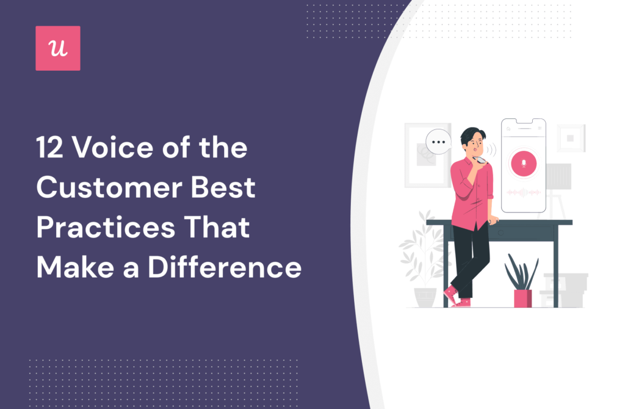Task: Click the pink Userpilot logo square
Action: [58, 48]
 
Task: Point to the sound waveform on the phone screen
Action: [524, 192]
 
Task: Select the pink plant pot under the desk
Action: [522, 298]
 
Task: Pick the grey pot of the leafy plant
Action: [425, 297]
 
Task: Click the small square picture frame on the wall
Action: [570, 138]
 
